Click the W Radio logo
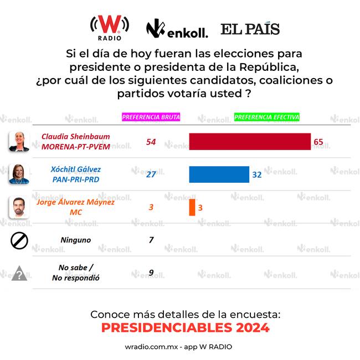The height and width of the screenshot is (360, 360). coord(110,26)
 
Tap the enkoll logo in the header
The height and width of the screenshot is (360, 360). coord(177,30)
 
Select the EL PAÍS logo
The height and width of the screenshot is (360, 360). coord(250,29)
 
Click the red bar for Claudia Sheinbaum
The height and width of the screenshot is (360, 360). coord(250,142)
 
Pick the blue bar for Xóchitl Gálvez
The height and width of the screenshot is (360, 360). coord(219,174)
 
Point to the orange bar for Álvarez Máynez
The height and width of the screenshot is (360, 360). coord(192,207)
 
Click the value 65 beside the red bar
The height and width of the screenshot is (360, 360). coord(318,142)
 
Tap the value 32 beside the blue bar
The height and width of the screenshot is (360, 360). coord(257,174)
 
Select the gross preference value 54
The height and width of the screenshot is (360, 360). coord(151,142)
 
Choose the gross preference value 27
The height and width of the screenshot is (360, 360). coord(151,174)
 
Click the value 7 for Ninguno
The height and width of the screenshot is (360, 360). coord(151,240)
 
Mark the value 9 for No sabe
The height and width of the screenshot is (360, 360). coord(151,272)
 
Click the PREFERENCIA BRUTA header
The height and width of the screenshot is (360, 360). coord(151,117)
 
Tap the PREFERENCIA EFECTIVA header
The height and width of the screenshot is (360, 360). coord(267,117)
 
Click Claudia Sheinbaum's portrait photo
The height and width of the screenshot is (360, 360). coord(18,142)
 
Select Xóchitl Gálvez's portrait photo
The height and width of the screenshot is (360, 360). coord(18,174)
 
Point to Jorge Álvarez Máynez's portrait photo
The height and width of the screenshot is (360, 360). coord(18,207)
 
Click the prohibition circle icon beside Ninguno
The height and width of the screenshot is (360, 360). coord(19,240)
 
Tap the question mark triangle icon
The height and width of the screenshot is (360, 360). coord(19,273)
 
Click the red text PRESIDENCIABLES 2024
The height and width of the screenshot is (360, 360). coord(186,328)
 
